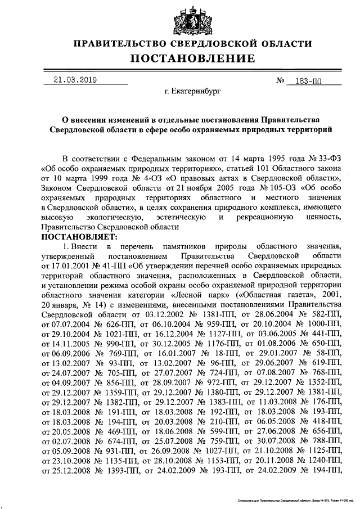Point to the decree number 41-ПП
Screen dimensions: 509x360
pyautogui.click(x=114, y=265)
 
